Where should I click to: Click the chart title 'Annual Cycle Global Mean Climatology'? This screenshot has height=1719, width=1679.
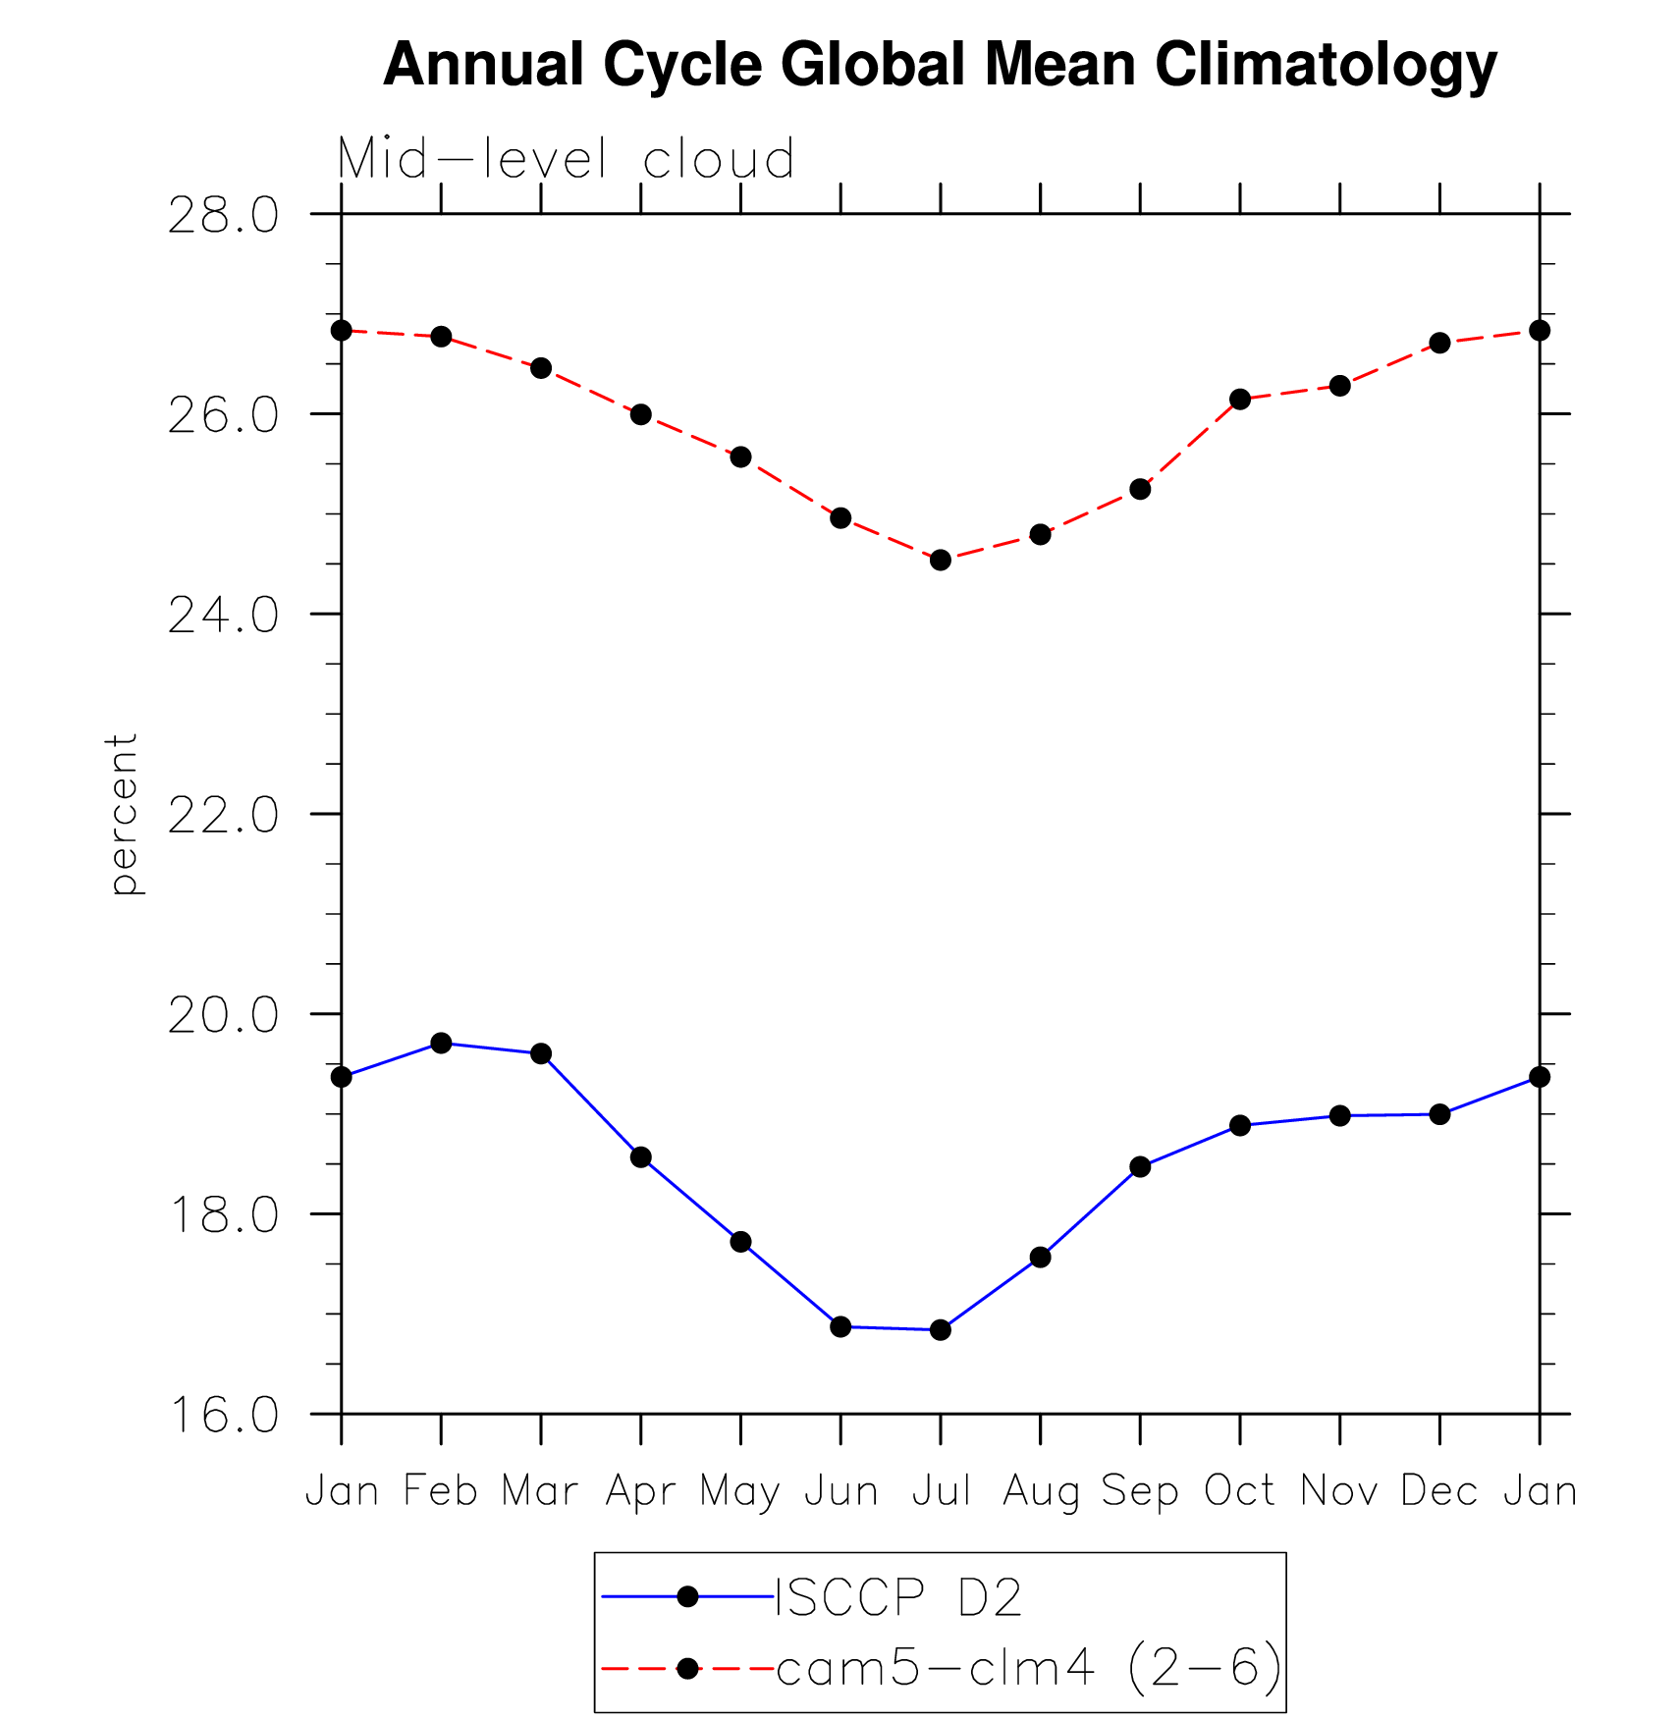point(940,65)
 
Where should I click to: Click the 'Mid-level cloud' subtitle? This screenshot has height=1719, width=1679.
point(566,159)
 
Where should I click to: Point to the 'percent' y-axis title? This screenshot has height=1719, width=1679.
point(124,814)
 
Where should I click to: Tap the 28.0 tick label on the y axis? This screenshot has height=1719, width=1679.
point(223,216)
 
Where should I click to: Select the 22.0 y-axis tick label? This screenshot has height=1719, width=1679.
point(223,816)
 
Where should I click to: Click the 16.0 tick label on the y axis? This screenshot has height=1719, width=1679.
point(223,1416)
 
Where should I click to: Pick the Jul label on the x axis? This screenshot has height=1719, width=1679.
point(941,1491)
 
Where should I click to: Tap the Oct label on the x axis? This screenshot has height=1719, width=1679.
point(1240,1491)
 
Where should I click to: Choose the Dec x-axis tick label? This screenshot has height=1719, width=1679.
point(1439,1491)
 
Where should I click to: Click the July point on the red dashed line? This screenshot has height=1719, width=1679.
point(941,561)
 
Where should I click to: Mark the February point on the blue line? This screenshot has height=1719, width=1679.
point(441,1043)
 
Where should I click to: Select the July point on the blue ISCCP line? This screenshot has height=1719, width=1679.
point(941,1330)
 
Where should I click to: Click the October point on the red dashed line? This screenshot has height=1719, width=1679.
point(1240,400)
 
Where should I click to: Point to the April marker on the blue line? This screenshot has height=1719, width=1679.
point(641,1157)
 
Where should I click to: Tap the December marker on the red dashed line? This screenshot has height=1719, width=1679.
point(1439,343)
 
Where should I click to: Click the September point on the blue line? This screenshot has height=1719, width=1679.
point(1140,1167)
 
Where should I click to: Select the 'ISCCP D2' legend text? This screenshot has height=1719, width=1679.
point(898,1598)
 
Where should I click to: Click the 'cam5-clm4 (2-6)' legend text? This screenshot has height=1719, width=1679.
point(1028,1668)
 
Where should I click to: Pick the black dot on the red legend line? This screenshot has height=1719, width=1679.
point(687,1668)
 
